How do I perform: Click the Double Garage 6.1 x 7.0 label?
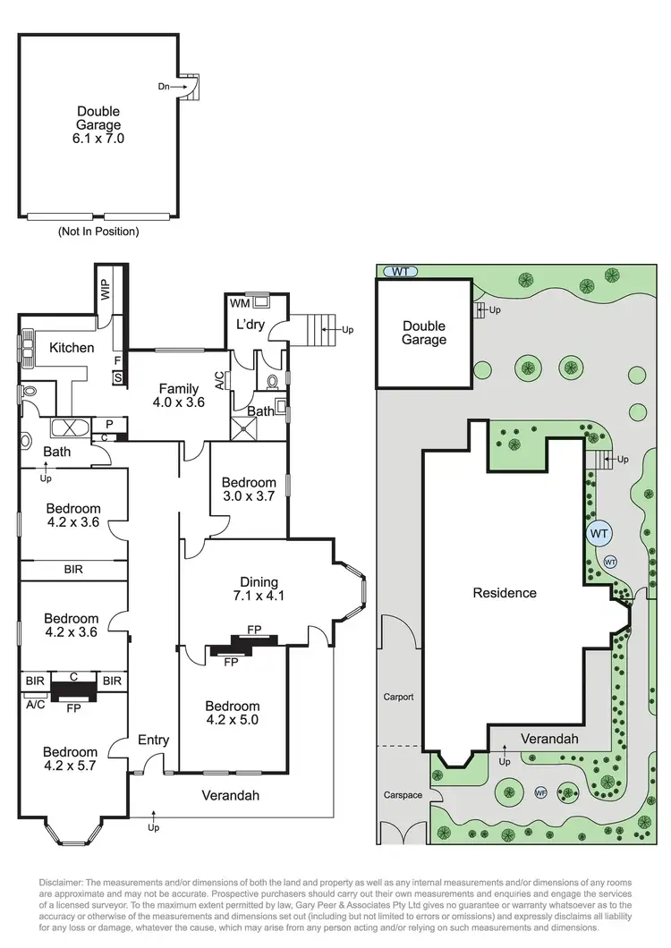point(98,126)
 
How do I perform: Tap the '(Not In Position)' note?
point(98,232)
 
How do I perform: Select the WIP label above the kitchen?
point(106,291)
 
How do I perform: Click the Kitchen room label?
point(72,347)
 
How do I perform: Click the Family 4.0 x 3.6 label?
point(179,395)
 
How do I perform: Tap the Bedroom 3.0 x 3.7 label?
point(249,489)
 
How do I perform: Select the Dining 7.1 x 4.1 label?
point(257,588)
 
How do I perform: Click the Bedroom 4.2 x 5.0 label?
point(233,713)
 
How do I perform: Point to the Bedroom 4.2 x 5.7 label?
point(71,758)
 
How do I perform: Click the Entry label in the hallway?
point(154,740)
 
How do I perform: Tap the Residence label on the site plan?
point(505,593)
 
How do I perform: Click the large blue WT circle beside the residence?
point(599,533)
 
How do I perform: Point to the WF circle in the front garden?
point(540,792)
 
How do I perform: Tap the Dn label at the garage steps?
point(164,87)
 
